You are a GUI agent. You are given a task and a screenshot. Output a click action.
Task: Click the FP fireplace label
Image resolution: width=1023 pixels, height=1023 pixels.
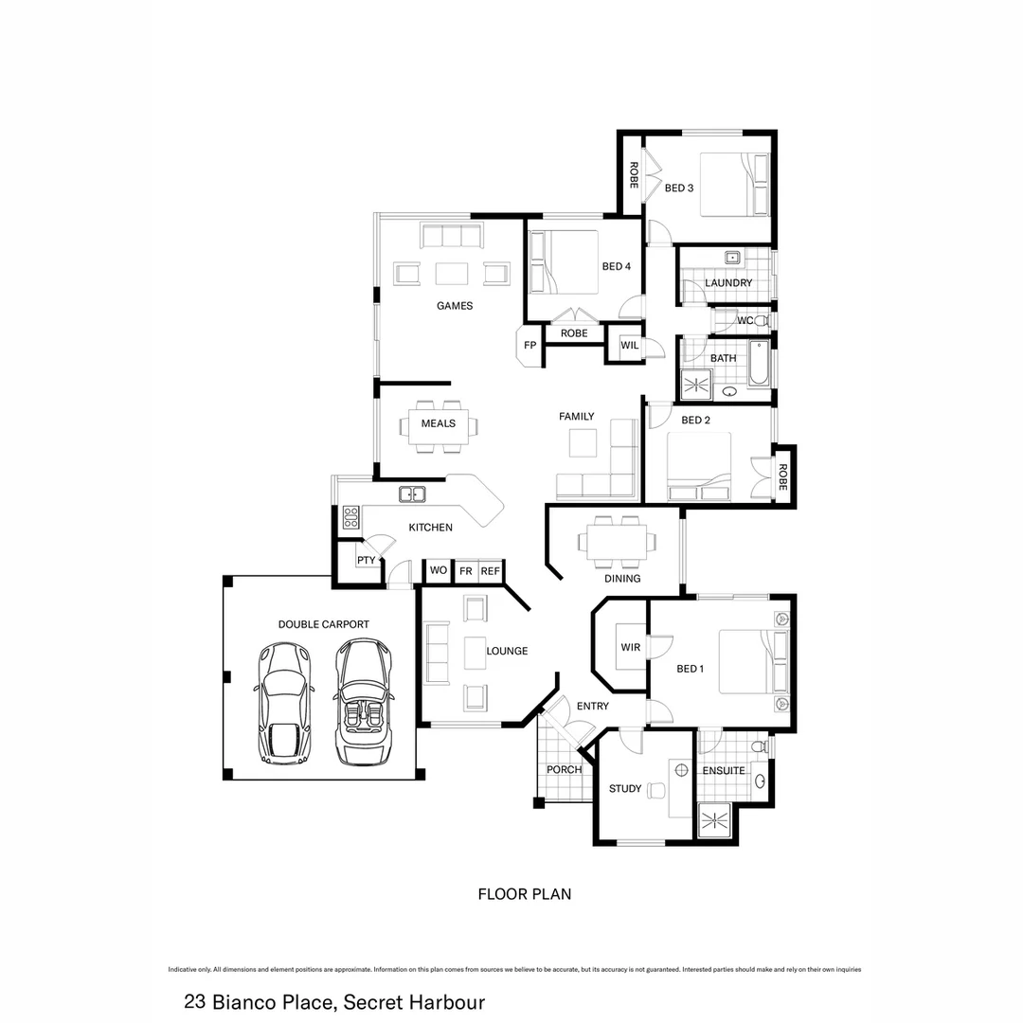(x=529, y=346)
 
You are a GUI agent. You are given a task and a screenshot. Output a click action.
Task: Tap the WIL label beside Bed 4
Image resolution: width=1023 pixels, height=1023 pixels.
(x=630, y=346)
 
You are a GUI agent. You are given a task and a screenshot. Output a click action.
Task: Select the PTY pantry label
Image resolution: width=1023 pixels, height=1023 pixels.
(x=366, y=560)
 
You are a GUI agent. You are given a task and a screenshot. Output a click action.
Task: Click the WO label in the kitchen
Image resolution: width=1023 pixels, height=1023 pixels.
(x=438, y=571)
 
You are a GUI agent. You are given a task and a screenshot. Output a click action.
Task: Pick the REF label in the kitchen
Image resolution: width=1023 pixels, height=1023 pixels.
(x=490, y=571)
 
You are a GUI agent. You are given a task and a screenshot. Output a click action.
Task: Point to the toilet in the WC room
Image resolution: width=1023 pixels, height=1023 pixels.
(x=762, y=321)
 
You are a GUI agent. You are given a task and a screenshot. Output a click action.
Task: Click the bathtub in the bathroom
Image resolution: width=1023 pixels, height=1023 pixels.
(x=759, y=366)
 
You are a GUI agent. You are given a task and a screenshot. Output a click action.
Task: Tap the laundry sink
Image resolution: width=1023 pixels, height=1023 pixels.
(x=732, y=258)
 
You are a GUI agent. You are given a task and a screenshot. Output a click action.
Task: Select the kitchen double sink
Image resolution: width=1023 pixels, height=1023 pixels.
(x=412, y=494)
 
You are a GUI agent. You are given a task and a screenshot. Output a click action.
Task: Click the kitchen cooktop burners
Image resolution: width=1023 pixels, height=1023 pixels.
(x=350, y=517)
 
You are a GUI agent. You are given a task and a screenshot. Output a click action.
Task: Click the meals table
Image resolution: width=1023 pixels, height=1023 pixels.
(x=438, y=423)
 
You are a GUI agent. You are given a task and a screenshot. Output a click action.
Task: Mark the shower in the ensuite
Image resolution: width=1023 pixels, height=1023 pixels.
(x=715, y=820)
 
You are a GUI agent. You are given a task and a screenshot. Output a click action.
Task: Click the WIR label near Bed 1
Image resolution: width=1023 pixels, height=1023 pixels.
(x=631, y=647)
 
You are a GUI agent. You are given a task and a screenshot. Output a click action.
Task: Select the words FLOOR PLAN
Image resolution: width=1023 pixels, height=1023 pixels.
(x=524, y=893)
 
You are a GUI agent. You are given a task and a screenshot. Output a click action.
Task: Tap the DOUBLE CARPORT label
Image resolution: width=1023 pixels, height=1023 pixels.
(x=323, y=624)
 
